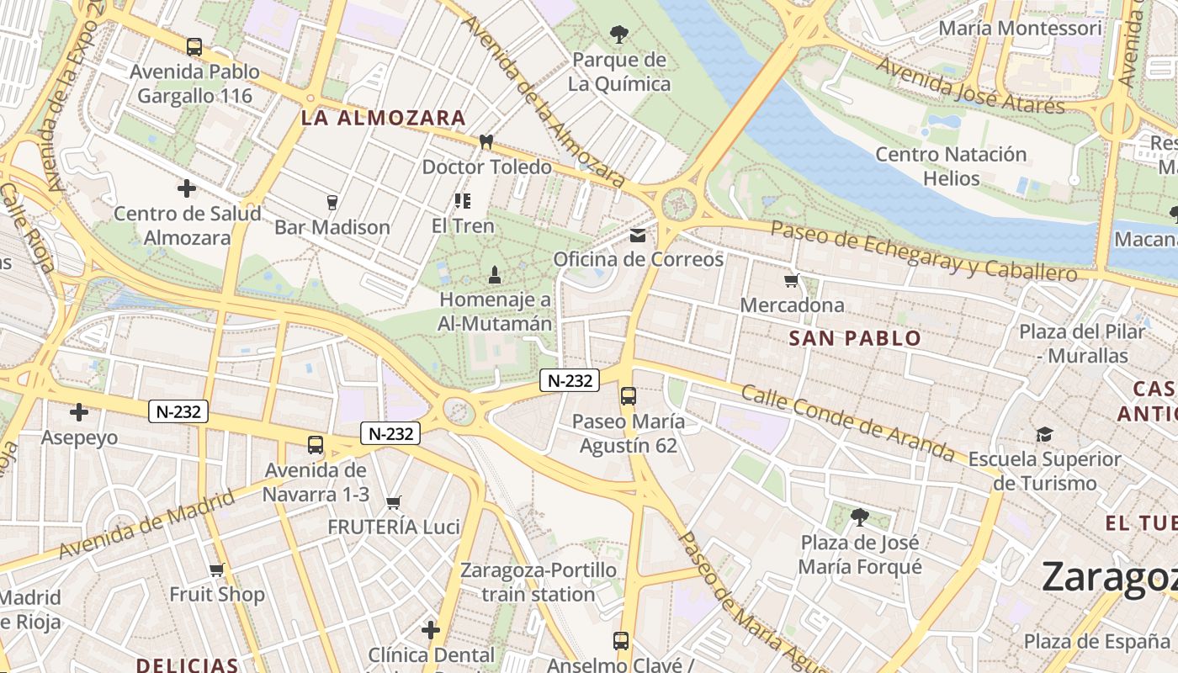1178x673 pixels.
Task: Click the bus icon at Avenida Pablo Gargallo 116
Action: [194, 47]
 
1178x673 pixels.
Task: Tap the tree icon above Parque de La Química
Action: [619, 34]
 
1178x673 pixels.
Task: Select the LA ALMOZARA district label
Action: [383, 119]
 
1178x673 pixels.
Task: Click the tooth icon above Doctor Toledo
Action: [486, 141]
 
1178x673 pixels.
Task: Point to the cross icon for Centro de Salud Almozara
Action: [187, 188]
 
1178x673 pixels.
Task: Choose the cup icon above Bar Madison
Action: [332, 202]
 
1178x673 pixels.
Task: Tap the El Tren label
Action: [462, 225]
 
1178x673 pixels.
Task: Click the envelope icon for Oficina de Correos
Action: [638, 235]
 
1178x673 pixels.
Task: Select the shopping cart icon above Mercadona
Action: [791, 281]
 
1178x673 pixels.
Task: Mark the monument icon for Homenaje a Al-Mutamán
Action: [495, 274]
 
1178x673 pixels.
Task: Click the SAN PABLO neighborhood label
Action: [855, 339]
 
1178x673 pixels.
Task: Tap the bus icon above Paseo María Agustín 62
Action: [628, 396]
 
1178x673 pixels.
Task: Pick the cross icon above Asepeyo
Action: [79, 412]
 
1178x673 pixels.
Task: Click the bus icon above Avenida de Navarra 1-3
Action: [316, 445]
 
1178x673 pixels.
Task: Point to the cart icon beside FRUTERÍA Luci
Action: [393, 503]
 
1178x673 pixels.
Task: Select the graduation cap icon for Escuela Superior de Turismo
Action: [1044, 434]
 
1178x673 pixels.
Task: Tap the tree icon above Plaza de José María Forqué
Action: [859, 517]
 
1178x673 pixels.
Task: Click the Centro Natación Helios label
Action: [951, 167]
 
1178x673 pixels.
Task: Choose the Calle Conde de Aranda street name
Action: [859, 425]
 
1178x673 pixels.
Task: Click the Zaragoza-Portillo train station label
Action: [539, 582]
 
